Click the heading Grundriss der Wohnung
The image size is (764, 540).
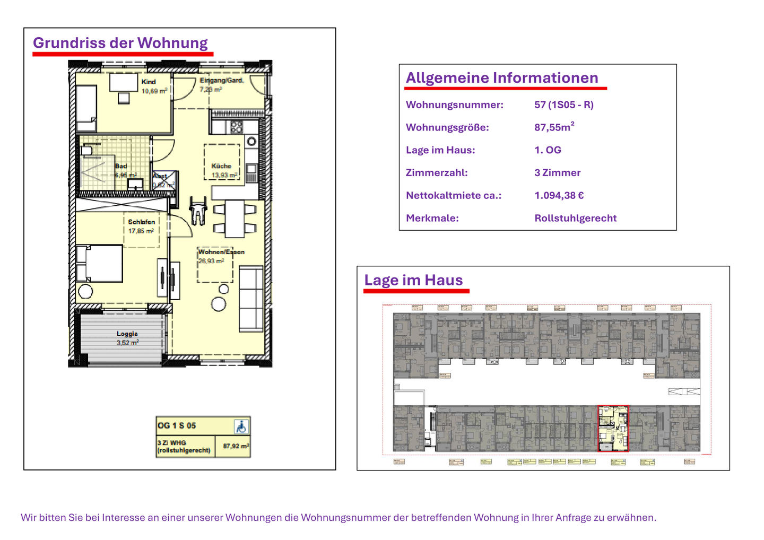pyautogui.click(x=120, y=43)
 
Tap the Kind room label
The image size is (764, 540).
pyautogui.click(x=149, y=82)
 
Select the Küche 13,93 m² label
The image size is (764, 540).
pyautogui.click(x=222, y=170)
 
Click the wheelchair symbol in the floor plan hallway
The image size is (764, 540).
pyautogui.click(x=198, y=210)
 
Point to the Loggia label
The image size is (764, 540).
pyautogui.click(x=127, y=338)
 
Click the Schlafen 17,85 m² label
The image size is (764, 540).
pyautogui.click(x=141, y=227)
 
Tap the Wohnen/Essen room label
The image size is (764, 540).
pyautogui.click(x=221, y=252)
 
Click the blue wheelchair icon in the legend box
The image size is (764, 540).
pyautogui.click(x=241, y=426)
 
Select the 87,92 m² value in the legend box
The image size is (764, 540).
pyautogui.click(x=236, y=447)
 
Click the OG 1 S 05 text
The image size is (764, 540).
pyautogui.click(x=177, y=425)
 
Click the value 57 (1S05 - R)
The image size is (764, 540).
pyautogui.click(x=563, y=105)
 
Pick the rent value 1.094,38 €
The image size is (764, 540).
pyautogui.click(x=559, y=196)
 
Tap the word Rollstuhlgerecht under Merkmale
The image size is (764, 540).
pyautogui.click(x=575, y=219)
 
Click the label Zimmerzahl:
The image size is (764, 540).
pyautogui.click(x=436, y=173)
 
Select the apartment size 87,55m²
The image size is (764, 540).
pyautogui.click(x=553, y=127)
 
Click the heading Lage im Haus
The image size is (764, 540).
pyautogui.click(x=413, y=280)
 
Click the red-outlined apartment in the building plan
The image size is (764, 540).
pyautogui.click(x=613, y=429)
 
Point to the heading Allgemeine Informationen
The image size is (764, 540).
pyautogui.click(x=502, y=78)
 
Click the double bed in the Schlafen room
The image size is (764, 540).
pyautogui.click(x=100, y=263)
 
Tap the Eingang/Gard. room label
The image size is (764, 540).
pyautogui.click(x=221, y=81)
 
